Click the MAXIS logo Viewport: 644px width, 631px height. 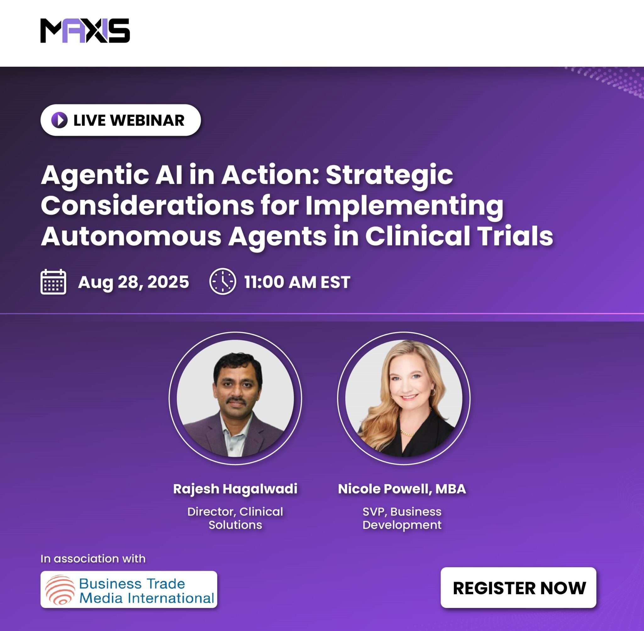tap(85, 31)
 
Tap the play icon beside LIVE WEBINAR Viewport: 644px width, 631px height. tap(60, 120)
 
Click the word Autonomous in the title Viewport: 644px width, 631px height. tap(131, 236)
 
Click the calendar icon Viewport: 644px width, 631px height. tap(53, 282)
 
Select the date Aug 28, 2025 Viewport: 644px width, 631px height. tap(134, 282)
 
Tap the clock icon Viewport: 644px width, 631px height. tap(223, 281)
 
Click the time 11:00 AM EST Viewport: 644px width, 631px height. tap(297, 282)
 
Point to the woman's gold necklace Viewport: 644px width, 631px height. tap(407, 433)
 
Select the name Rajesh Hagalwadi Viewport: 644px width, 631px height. tap(235, 489)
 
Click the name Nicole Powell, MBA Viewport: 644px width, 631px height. tap(402, 489)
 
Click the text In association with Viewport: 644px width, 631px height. tap(93, 558)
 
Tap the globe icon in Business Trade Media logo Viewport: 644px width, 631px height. tap(60, 589)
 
